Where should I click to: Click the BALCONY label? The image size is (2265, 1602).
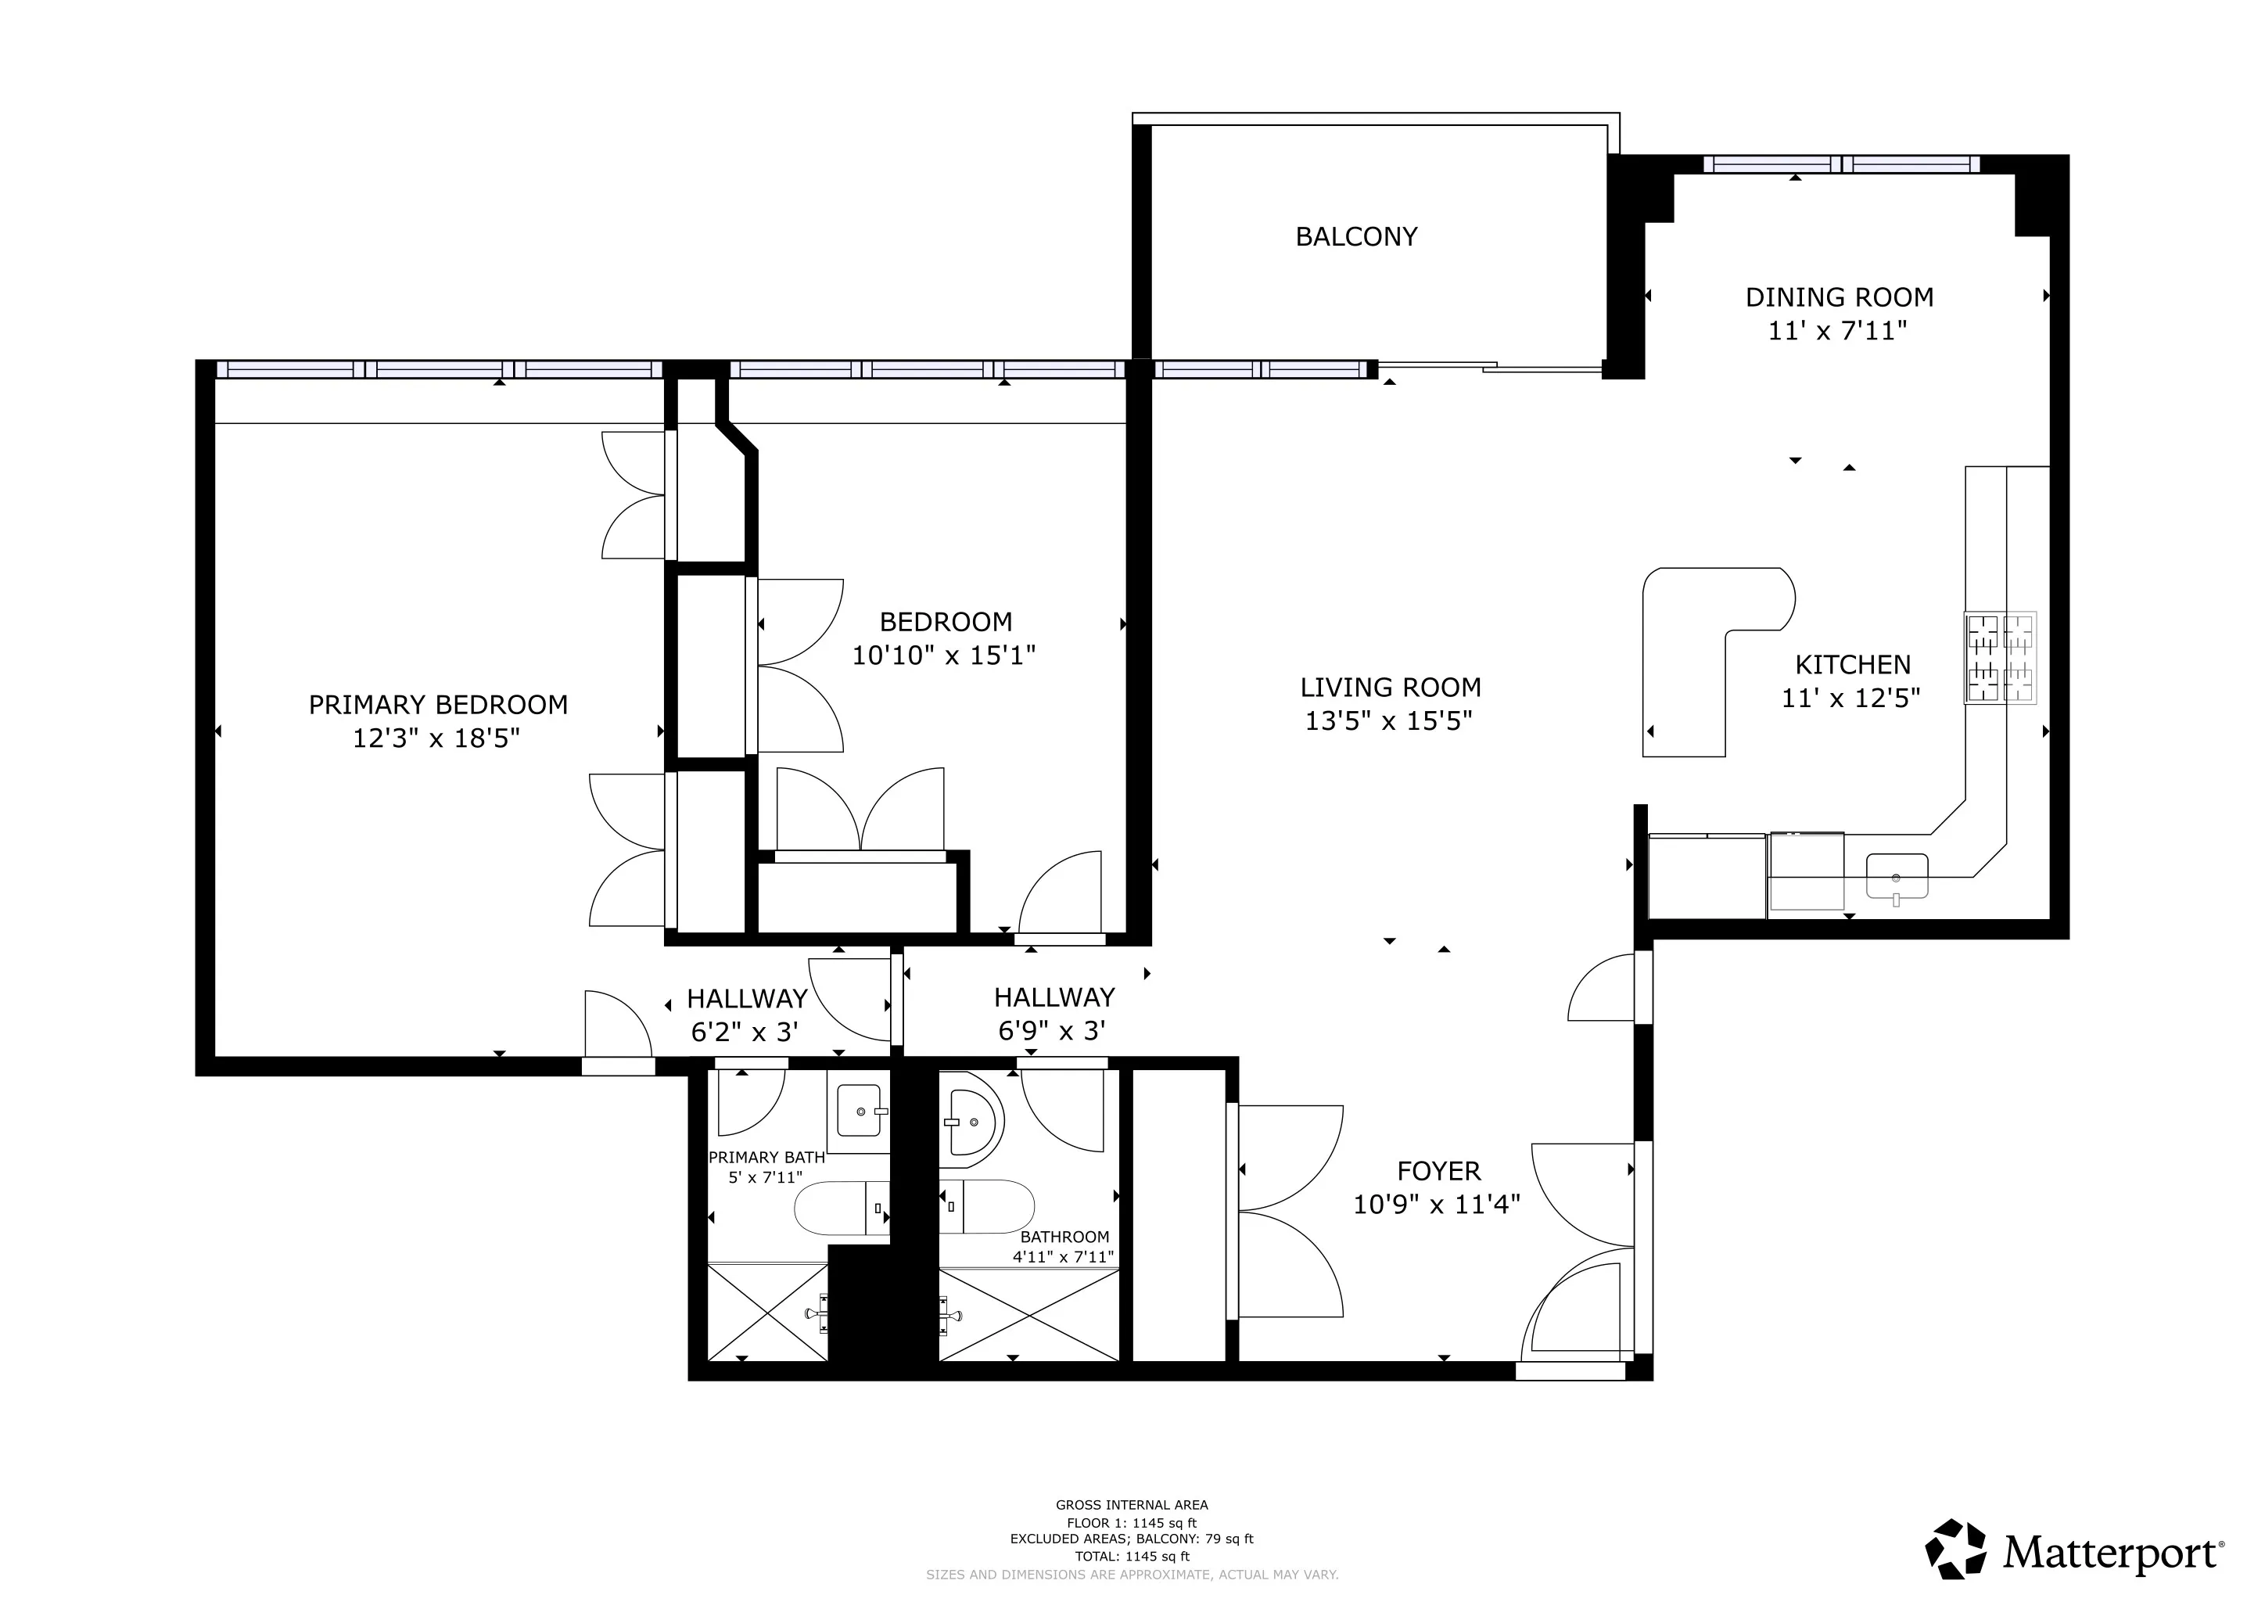point(1355,237)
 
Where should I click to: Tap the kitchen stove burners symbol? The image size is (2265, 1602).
point(2001,658)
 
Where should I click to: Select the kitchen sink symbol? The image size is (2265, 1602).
point(1896,876)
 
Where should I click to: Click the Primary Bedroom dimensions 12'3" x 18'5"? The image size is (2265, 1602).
point(436,738)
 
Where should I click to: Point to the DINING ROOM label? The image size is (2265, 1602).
point(1839,297)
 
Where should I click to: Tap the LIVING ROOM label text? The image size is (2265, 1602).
point(1390,688)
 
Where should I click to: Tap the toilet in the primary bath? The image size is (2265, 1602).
point(838,1209)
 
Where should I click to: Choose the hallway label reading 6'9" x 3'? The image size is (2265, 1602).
point(1052,1031)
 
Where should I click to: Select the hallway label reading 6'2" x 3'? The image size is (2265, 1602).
point(744,1032)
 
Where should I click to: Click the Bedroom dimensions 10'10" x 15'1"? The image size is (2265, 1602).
point(943,655)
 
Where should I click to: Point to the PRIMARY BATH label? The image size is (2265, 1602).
point(766,1157)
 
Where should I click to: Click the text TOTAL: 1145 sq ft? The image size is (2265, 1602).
point(1132,1557)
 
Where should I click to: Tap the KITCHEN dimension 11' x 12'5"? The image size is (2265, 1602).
point(1850,699)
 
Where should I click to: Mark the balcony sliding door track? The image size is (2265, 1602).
point(1490,367)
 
